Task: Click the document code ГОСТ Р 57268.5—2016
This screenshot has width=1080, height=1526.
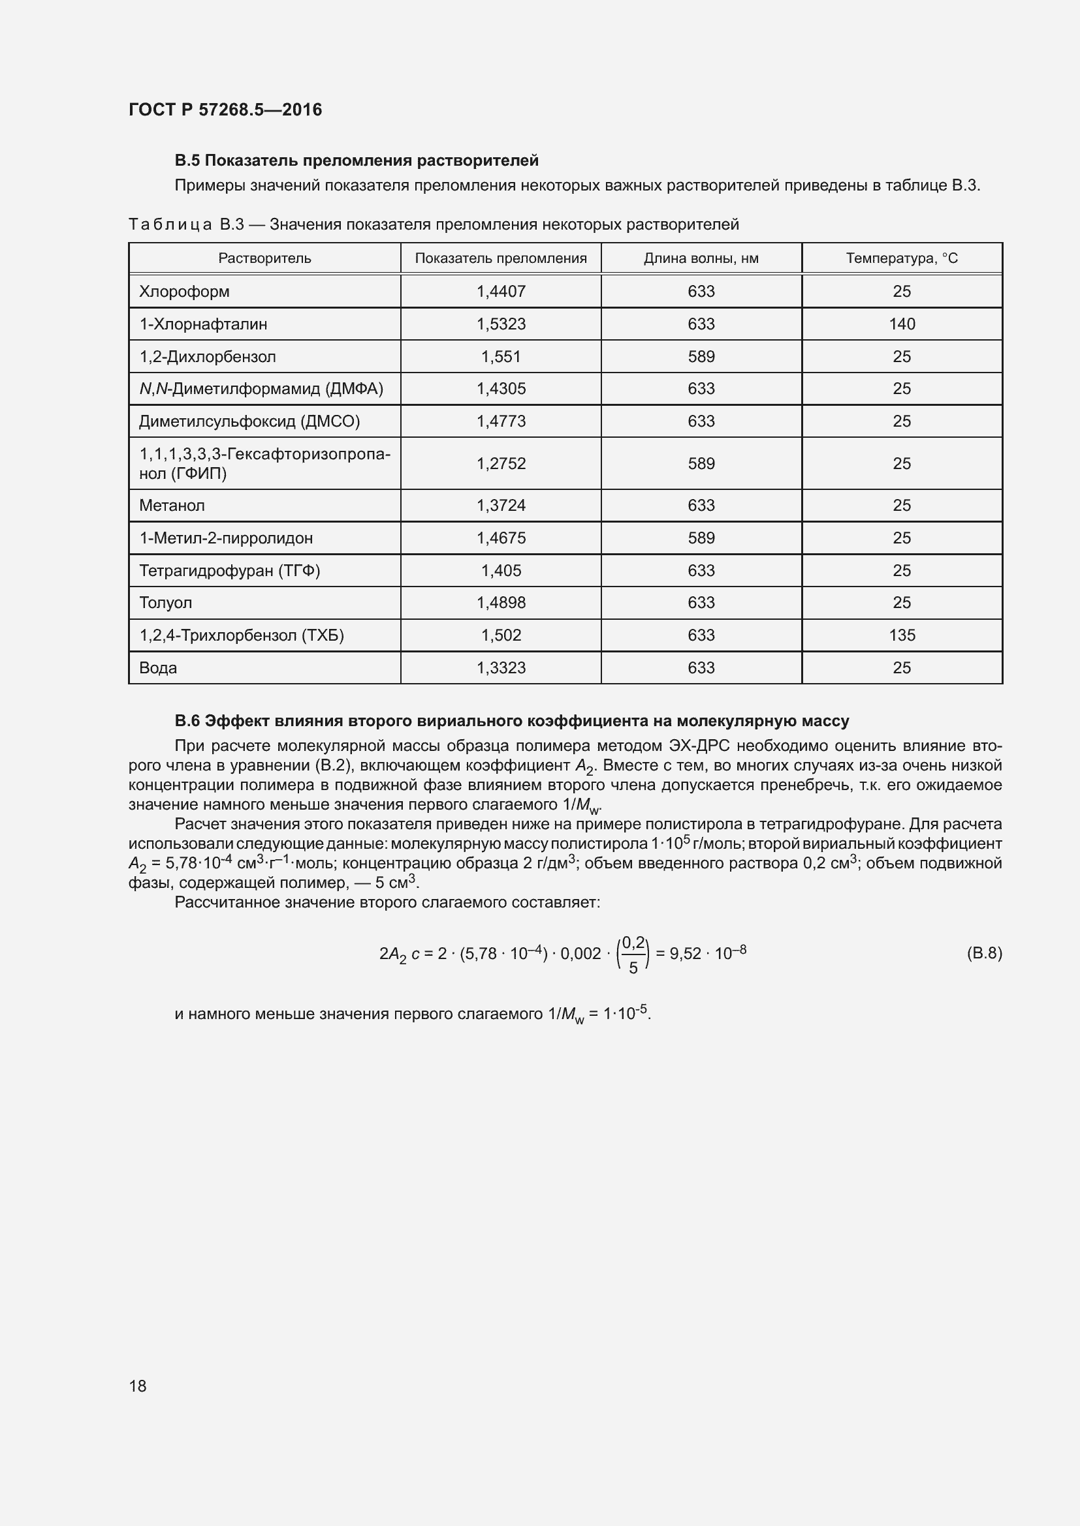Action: coord(225,110)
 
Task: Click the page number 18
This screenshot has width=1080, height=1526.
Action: coord(138,1385)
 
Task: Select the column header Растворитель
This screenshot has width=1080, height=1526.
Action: coord(264,258)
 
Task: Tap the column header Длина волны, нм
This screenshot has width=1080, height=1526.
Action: coord(700,258)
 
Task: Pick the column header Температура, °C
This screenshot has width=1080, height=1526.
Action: coord(901,258)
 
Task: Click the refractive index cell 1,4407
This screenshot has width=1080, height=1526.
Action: coord(501,292)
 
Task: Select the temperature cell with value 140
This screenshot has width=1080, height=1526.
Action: coord(901,324)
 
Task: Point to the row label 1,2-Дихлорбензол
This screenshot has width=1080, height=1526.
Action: coord(207,357)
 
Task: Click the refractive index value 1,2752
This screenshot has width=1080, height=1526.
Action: coord(501,464)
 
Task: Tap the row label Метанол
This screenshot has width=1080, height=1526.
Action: coord(172,506)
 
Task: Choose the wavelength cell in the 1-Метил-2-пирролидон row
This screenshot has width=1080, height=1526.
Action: coord(700,538)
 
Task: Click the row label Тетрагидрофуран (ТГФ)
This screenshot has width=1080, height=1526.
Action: coord(229,571)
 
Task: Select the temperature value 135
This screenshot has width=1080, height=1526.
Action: coord(901,635)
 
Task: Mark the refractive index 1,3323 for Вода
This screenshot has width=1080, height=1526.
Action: coord(501,668)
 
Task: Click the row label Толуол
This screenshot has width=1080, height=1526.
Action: coord(165,603)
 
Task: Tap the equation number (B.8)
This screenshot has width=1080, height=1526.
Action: coord(983,954)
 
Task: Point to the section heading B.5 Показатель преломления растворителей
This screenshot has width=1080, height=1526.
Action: coord(357,161)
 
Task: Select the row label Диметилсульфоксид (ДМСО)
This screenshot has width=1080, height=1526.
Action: coord(249,421)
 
